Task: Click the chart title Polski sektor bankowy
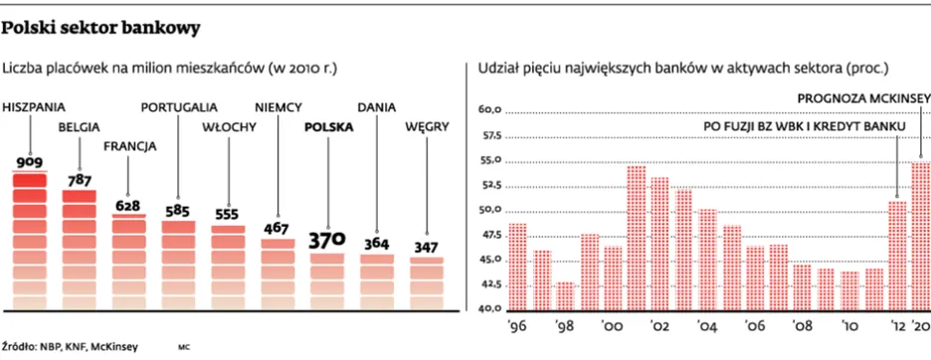(x=103, y=28)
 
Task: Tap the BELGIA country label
(x=79, y=126)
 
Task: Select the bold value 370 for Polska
(x=327, y=240)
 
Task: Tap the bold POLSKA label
(x=328, y=126)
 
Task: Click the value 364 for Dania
(x=377, y=244)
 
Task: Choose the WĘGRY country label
(x=428, y=126)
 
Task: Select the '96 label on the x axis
(x=517, y=326)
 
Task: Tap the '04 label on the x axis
(x=707, y=326)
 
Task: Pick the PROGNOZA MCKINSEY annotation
(x=862, y=98)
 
